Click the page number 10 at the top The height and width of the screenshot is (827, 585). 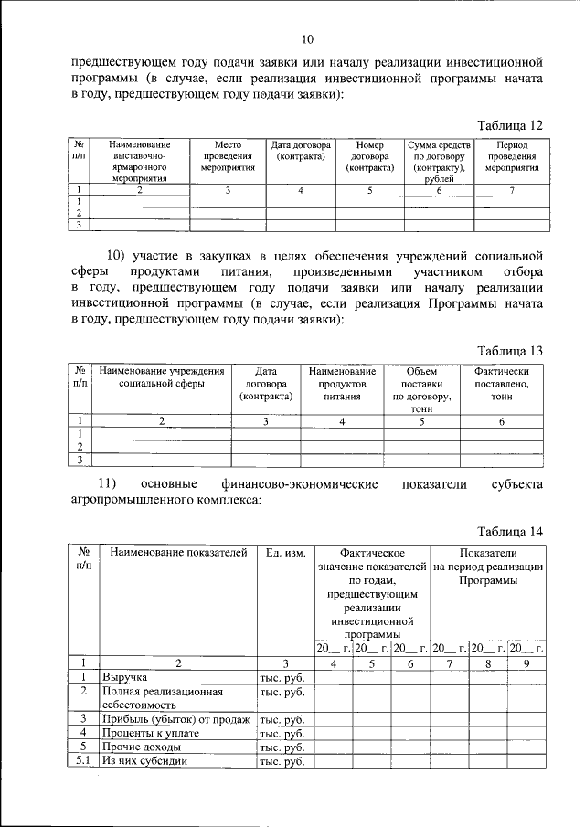(x=308, y=38)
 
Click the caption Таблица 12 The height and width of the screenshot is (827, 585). (x=512, y=124)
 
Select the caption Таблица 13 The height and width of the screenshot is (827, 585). (x=512, y=351)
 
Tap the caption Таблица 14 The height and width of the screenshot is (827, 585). (x=512, y=532)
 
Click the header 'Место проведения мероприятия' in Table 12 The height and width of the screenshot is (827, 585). (x=227, y=157)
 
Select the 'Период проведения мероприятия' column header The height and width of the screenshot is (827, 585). (x=512, y=157)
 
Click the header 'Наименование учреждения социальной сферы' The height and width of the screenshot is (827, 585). (x=162, y=378)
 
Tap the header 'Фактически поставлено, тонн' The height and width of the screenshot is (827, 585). (x=502, y=385)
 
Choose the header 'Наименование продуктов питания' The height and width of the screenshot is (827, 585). (x=342, y=385)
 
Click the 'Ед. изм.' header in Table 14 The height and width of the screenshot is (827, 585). (x=284, y=553)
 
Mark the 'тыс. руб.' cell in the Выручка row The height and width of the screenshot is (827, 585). (x=282, y=678)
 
